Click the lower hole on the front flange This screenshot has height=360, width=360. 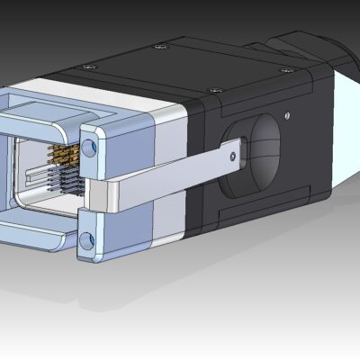click(x=86, y=239)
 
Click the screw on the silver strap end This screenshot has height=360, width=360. click(x=234, y=157)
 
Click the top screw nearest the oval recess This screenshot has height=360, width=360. click(x=216, y=90)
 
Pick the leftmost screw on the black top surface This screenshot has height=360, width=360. click(x=87, y=66)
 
